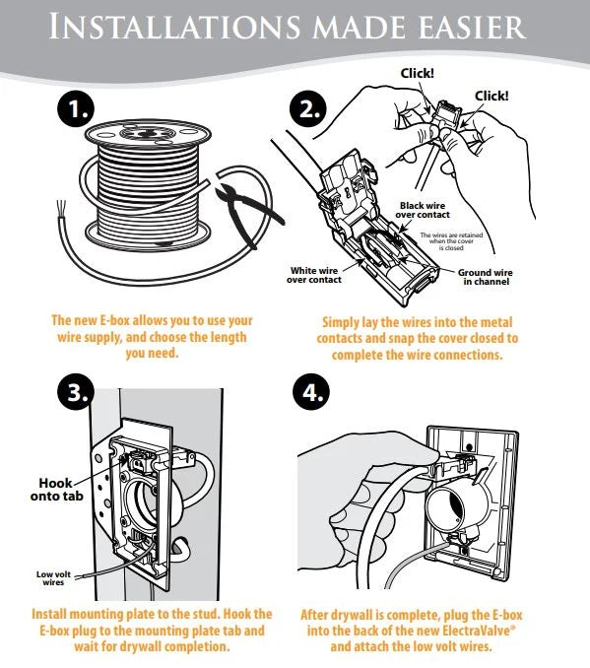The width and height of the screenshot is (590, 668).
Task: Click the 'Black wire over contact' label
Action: [x=424, y=210]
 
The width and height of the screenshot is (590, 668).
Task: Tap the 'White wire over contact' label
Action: [x=315, y=275]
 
